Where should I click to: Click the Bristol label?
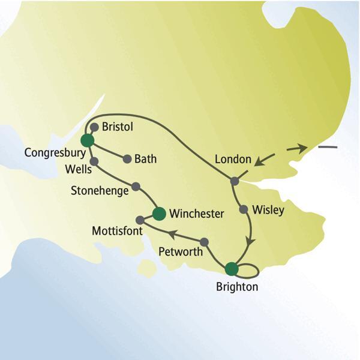pos(117,128)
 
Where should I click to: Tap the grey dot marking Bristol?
pos(94,127)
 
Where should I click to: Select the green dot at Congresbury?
pos(87,140)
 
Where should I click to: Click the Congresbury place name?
pos(51,153)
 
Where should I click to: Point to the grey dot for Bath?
pos(127,159)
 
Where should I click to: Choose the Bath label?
pos(146,159)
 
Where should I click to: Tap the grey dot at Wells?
pos(94,161)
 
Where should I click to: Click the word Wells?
pos(77,170)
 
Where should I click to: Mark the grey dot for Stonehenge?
pos(136,186)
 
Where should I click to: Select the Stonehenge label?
pos(98,192)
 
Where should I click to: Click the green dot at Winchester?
pos(159,213)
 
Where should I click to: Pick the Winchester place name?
pos(197,214)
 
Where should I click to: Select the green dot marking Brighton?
pos(231,268)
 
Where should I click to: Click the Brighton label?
pos(236,287)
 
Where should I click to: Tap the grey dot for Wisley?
pos(243,210)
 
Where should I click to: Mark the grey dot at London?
pos(235,181)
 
